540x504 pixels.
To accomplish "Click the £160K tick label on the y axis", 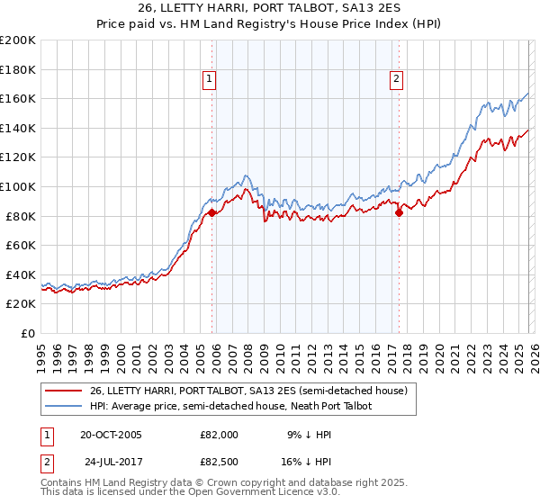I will (x=18, y=98).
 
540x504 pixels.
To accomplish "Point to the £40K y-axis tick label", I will (x=21, y=274).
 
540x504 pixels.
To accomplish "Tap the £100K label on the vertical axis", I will (x=18, y=186).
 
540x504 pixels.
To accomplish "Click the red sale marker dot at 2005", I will (x=212, y=212).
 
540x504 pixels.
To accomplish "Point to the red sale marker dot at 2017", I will (x=399, y=212).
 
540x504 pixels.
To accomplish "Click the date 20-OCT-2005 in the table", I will (x=111, y=435).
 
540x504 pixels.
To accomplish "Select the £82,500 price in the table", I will (x=220, y=465).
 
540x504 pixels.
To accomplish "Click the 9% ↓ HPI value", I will (x=308, y=435).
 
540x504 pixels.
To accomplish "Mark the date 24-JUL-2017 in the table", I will (x=111, y=465).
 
